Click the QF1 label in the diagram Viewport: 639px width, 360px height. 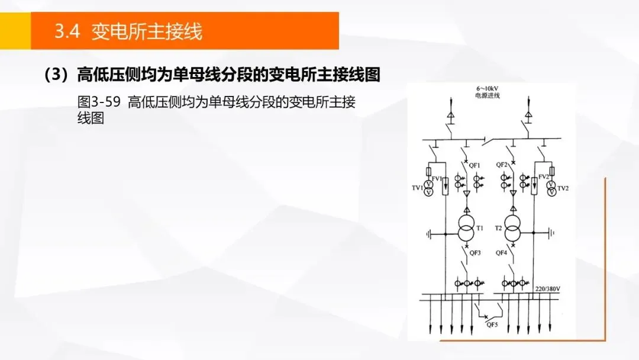click(x=475, y=165)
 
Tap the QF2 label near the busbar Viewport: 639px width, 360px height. click(x=502, y=165)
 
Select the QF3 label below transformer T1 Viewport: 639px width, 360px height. click(x=475, y=253)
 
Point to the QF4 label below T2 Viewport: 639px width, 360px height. click(x=501, y=253)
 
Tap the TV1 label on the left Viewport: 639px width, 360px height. click(x=417, y=188)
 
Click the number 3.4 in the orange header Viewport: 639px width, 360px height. click(x=67, y=31)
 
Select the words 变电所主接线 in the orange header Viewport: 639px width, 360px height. click(x=147, y=31)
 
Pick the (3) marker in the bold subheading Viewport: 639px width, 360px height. click(x=57, y=75)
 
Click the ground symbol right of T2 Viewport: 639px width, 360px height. click(x=552, y=233)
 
